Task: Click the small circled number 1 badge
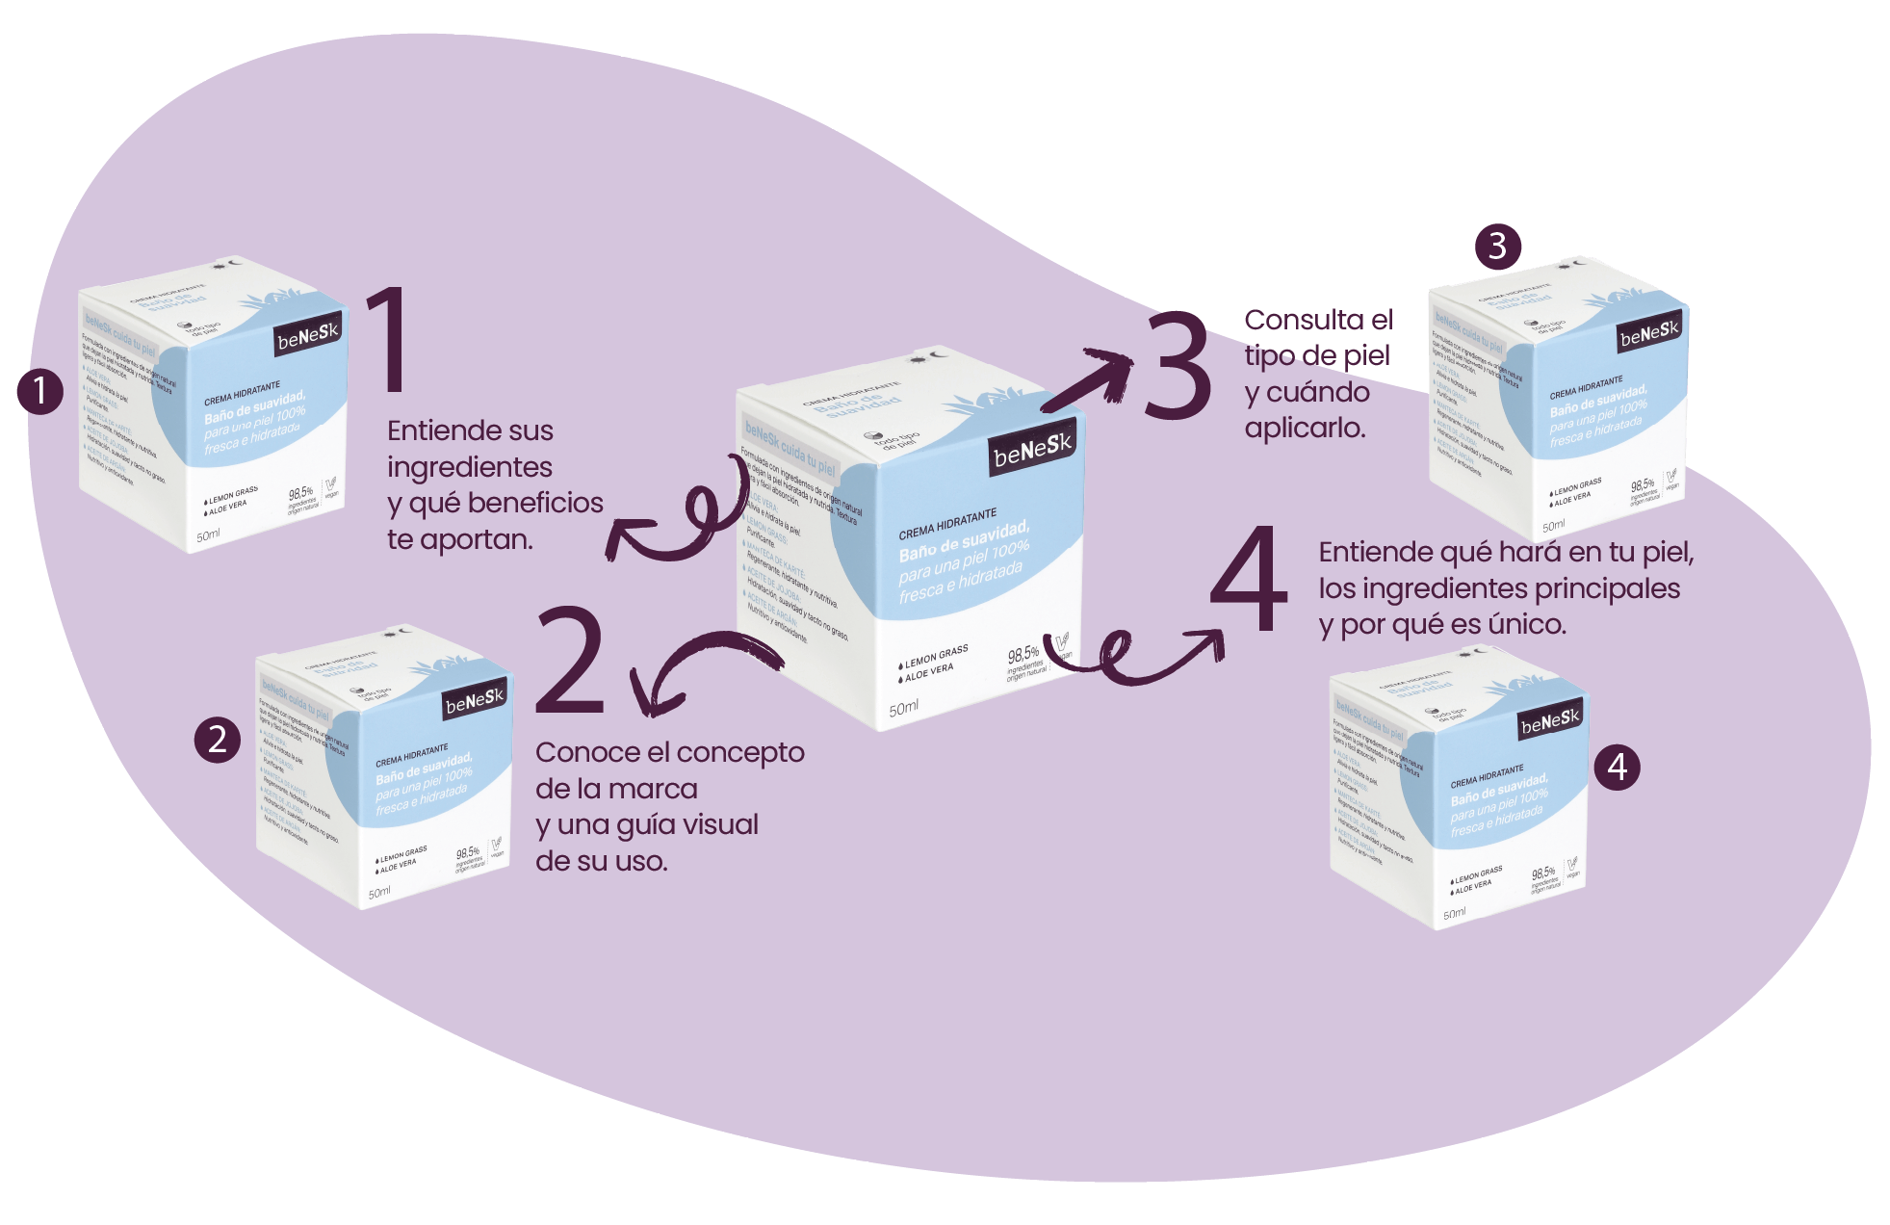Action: pyautogui.click(x=39, y=391)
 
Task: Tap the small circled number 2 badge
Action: pyautogui.click(x=218, y=739)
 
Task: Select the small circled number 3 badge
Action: pyautogui.click(x=1497, y=246)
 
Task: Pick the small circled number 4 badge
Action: pyautogui.click(x=1617, y=767)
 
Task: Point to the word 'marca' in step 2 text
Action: pyautogui.click(x=657, y=789)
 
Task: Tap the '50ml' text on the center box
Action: pyautogui.click(x=903, y=709)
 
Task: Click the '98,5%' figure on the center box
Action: pyautogui.click(x=1023, y=655)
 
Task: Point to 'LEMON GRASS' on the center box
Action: pyautogui.click(x=936, y=657)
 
